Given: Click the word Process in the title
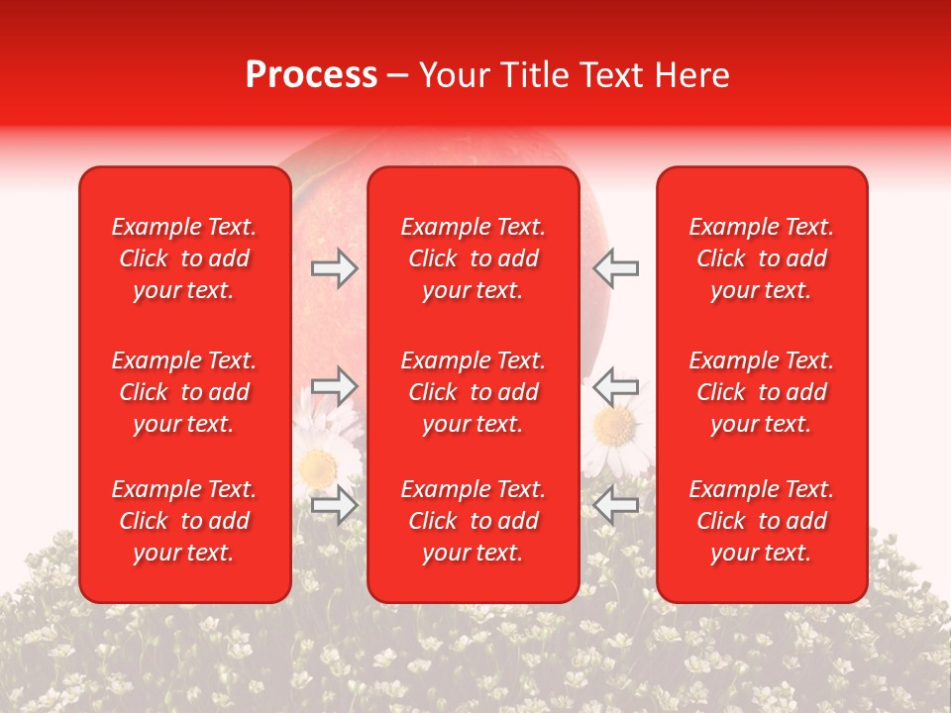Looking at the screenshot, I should point(311,75).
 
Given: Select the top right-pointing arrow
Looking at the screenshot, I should point(334,268).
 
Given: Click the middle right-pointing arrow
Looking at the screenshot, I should point(334,385).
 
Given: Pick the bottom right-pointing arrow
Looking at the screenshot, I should point(334,504).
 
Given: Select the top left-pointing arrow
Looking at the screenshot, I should point(616,268).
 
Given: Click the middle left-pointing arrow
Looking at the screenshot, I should point(616,385).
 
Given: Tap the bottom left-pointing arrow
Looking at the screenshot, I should point(616,504).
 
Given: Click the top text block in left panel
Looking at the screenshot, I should point(184,258).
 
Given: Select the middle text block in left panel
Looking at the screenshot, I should point(184,392).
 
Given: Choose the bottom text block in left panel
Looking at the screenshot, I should point(184,521).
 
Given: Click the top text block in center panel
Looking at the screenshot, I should point(474,258).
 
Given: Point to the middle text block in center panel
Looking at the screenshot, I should point(474,392).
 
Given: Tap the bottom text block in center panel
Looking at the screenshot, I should point(474,521).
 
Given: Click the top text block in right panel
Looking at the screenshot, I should point(762,258).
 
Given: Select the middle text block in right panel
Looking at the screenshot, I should point(762,392).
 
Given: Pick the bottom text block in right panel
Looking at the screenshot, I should point(762,521).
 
